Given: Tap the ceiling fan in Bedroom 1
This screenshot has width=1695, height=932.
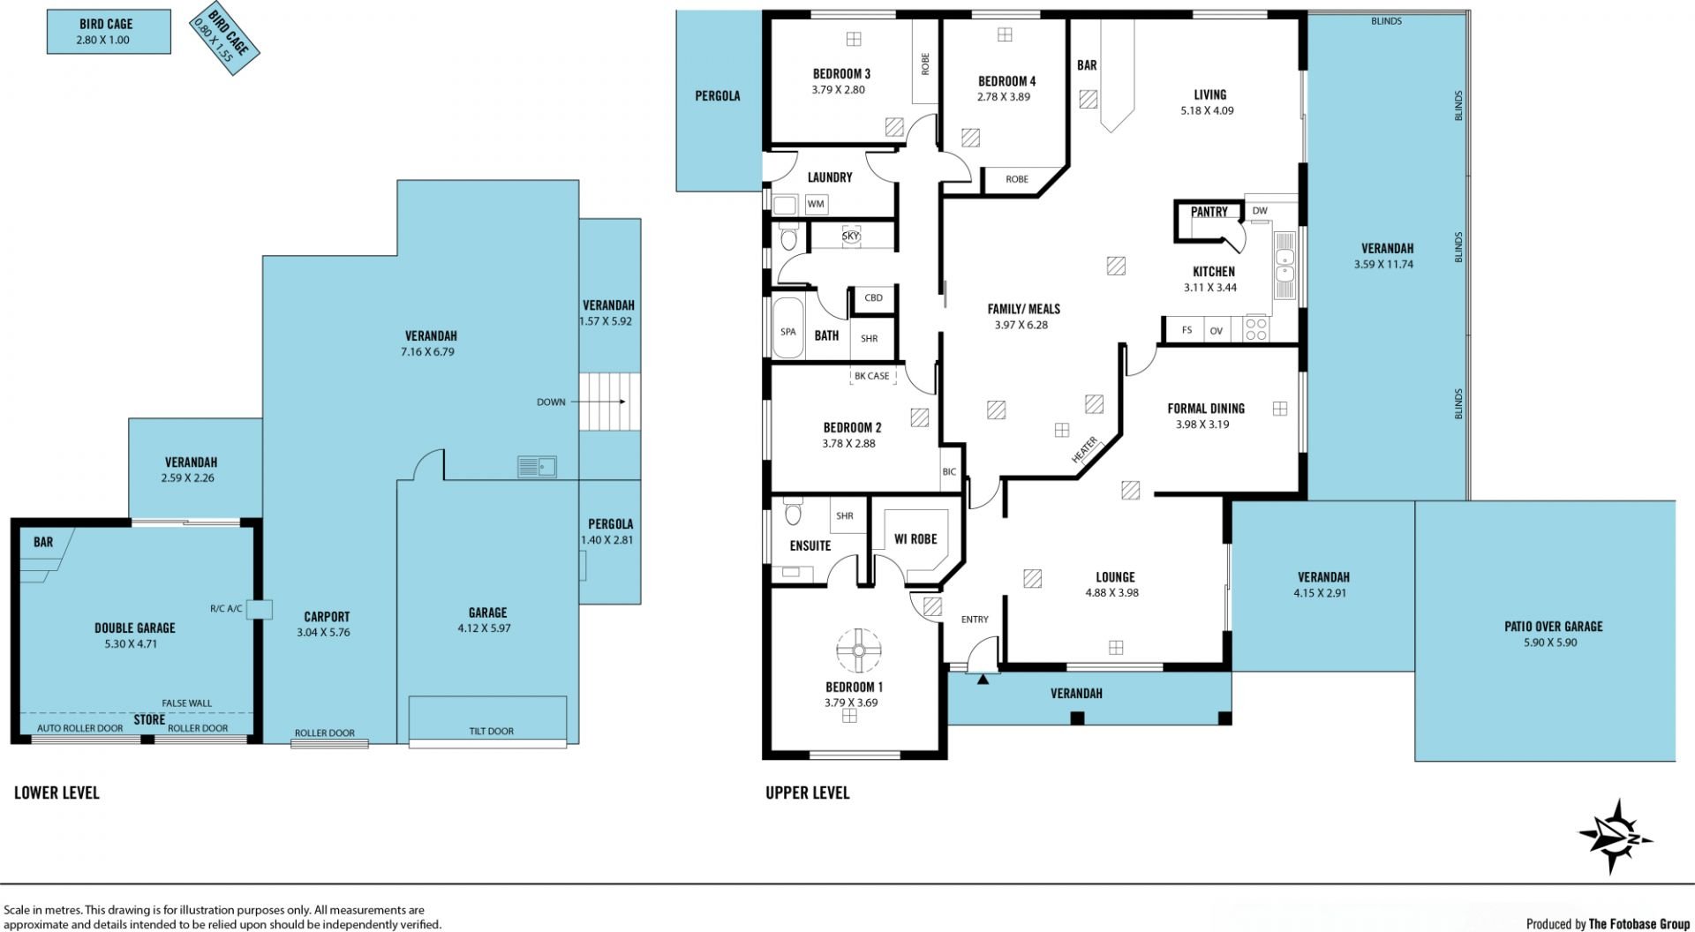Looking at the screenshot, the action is click(858, 650).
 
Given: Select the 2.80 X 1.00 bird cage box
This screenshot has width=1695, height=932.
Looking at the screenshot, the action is click(109, 32).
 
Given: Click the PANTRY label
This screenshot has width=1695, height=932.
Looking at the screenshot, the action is click(1209, 212).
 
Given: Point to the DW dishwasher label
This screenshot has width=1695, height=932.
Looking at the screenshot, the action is click(1260, 211).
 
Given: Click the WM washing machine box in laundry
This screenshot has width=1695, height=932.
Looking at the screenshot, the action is click(816, 205).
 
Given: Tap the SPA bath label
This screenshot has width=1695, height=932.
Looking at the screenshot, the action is click(788, 332).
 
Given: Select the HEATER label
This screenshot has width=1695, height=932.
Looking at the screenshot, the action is click(1084, 450).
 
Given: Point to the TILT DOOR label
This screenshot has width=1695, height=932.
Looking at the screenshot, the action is click(491, 731).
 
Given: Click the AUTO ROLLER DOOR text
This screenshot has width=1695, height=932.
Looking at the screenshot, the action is click(79, 729).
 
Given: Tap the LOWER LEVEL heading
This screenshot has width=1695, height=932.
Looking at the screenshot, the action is click(56, 793).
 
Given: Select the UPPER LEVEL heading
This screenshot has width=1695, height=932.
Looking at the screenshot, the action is click(808, 793).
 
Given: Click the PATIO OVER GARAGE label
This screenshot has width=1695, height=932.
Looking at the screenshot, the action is click(1554, 627).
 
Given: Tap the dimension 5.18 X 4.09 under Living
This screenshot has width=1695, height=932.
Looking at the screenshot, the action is click(1207, 111).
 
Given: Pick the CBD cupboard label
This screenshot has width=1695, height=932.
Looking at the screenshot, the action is click(873, 297).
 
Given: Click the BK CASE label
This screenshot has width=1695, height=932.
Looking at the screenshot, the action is click(872, 376).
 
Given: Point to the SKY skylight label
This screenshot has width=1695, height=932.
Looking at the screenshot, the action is click(851, 237).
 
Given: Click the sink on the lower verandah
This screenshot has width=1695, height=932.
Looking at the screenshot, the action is click(537, 466).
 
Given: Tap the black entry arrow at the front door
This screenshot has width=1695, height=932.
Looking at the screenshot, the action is click(983, 679).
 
